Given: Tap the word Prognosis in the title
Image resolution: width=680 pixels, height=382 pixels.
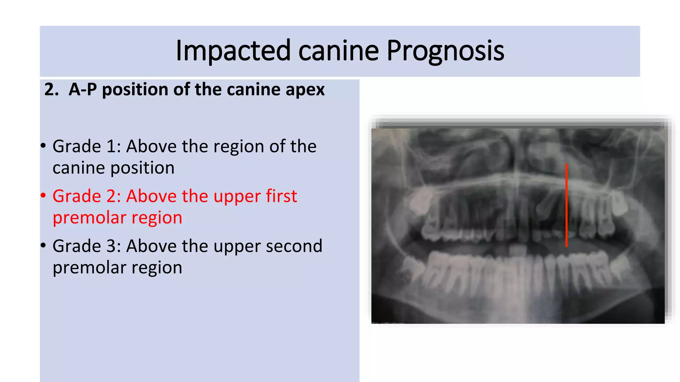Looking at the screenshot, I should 445,51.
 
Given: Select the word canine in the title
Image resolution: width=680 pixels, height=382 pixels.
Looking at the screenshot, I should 338,51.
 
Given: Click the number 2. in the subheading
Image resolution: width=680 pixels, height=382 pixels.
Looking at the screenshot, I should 51,90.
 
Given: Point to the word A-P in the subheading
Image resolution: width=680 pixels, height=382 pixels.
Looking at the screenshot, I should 83,90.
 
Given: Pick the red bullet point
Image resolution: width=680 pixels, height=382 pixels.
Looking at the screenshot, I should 43,195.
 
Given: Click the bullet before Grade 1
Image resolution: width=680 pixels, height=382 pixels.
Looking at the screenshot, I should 43,146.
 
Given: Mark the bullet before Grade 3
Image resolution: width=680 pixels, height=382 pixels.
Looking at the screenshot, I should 43,245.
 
